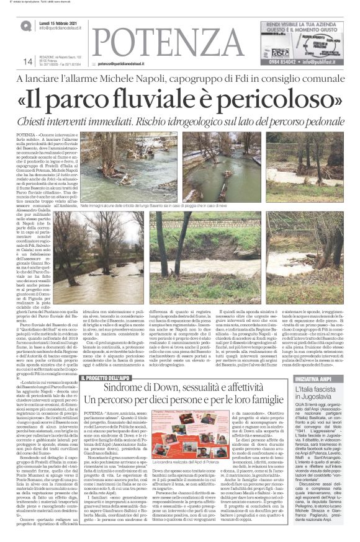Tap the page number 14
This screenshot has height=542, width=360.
click(x=27, y=61)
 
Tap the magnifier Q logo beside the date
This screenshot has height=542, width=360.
click(x=25, y=25)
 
